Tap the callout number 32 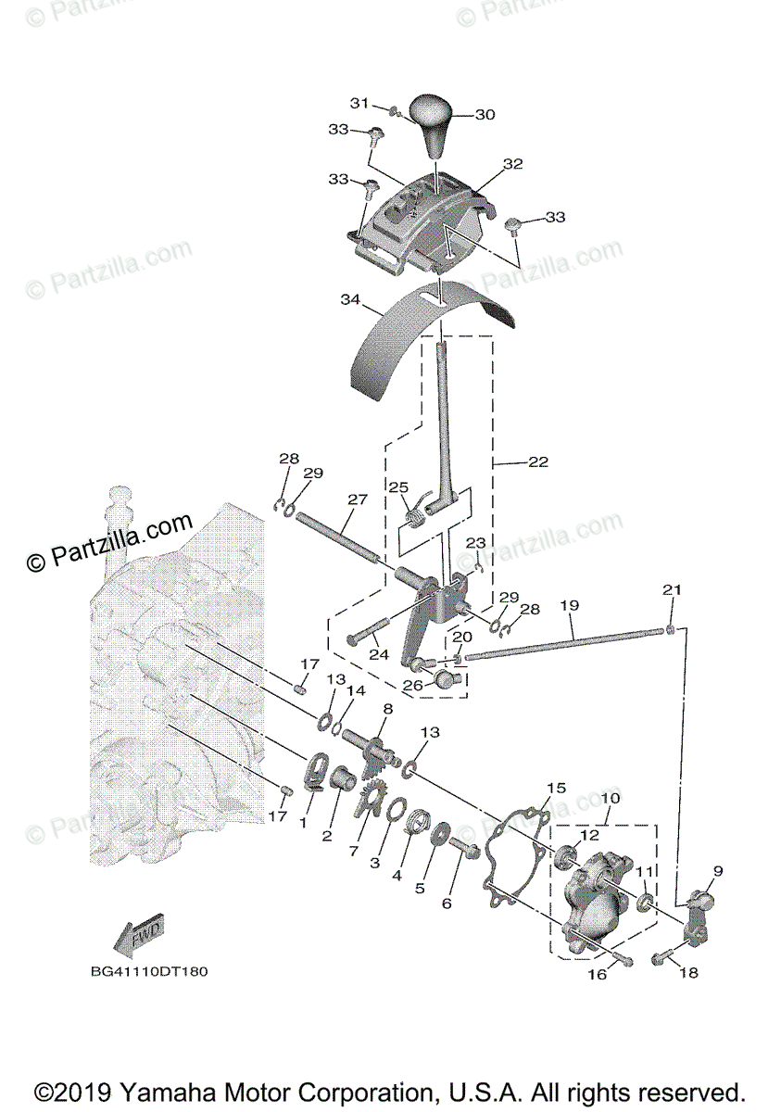pos(512,164)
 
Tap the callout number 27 pos(358,500)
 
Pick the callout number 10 pos(611,798)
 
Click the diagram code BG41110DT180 pos(148,972)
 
